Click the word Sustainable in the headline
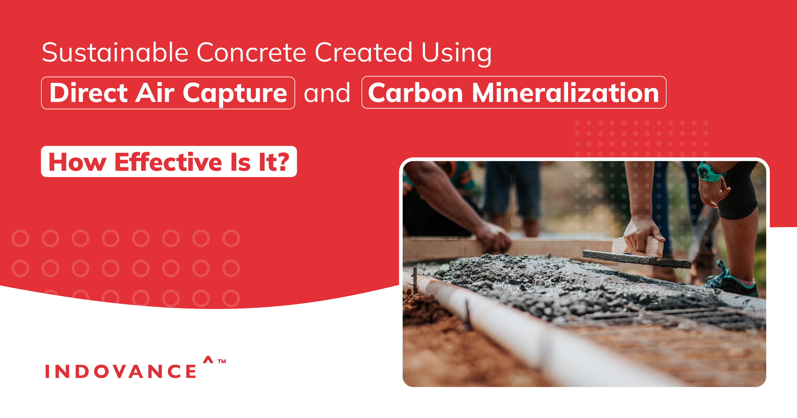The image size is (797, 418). point(115,53)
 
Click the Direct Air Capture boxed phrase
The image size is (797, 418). point(168,93)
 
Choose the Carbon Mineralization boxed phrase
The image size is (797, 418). point(514,93)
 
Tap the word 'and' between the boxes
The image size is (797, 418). point(327,93)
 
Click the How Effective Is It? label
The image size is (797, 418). point(169,162)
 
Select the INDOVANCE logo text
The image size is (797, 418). point(121,371)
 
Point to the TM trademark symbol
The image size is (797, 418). point(222,361)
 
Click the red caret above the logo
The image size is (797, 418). point(208,359)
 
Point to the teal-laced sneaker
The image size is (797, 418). point(733,282)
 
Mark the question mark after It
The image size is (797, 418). point(282,162)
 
